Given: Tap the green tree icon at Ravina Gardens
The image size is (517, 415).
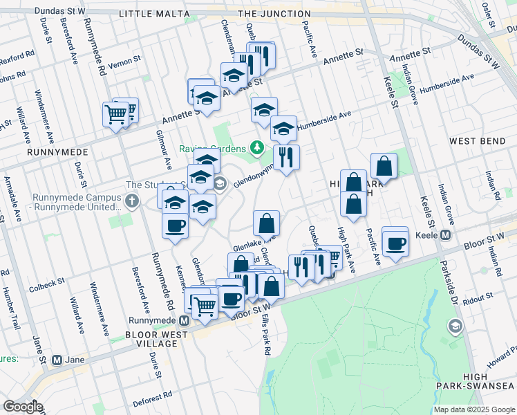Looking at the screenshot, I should pyautogui.click(x=257, y=147).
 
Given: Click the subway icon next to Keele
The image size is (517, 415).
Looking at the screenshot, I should pyautogui.click(x=446, y=234).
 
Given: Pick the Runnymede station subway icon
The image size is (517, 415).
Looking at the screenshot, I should pyautogui.click(x=184, y=321).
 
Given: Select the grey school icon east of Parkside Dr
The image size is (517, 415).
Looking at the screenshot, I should pyautogui.click(x=455, y=325).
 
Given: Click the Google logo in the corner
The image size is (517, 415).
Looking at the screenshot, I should pyautogui.click(x=23, y=407).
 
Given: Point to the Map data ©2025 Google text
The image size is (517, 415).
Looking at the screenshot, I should pyautogui.click(x=473, y=409).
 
